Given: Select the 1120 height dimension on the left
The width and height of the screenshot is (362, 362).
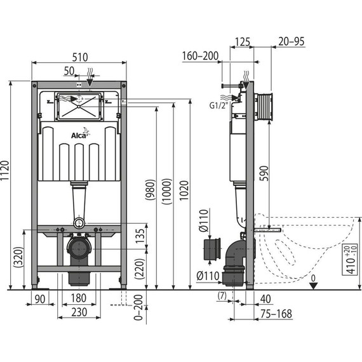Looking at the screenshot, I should tap(6, 185).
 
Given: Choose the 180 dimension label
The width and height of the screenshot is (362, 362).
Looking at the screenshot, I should tap(79, 298).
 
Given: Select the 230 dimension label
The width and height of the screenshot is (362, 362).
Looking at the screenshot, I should tap(79, 312).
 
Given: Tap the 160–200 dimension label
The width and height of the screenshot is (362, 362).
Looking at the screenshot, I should tap(201, 55).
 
